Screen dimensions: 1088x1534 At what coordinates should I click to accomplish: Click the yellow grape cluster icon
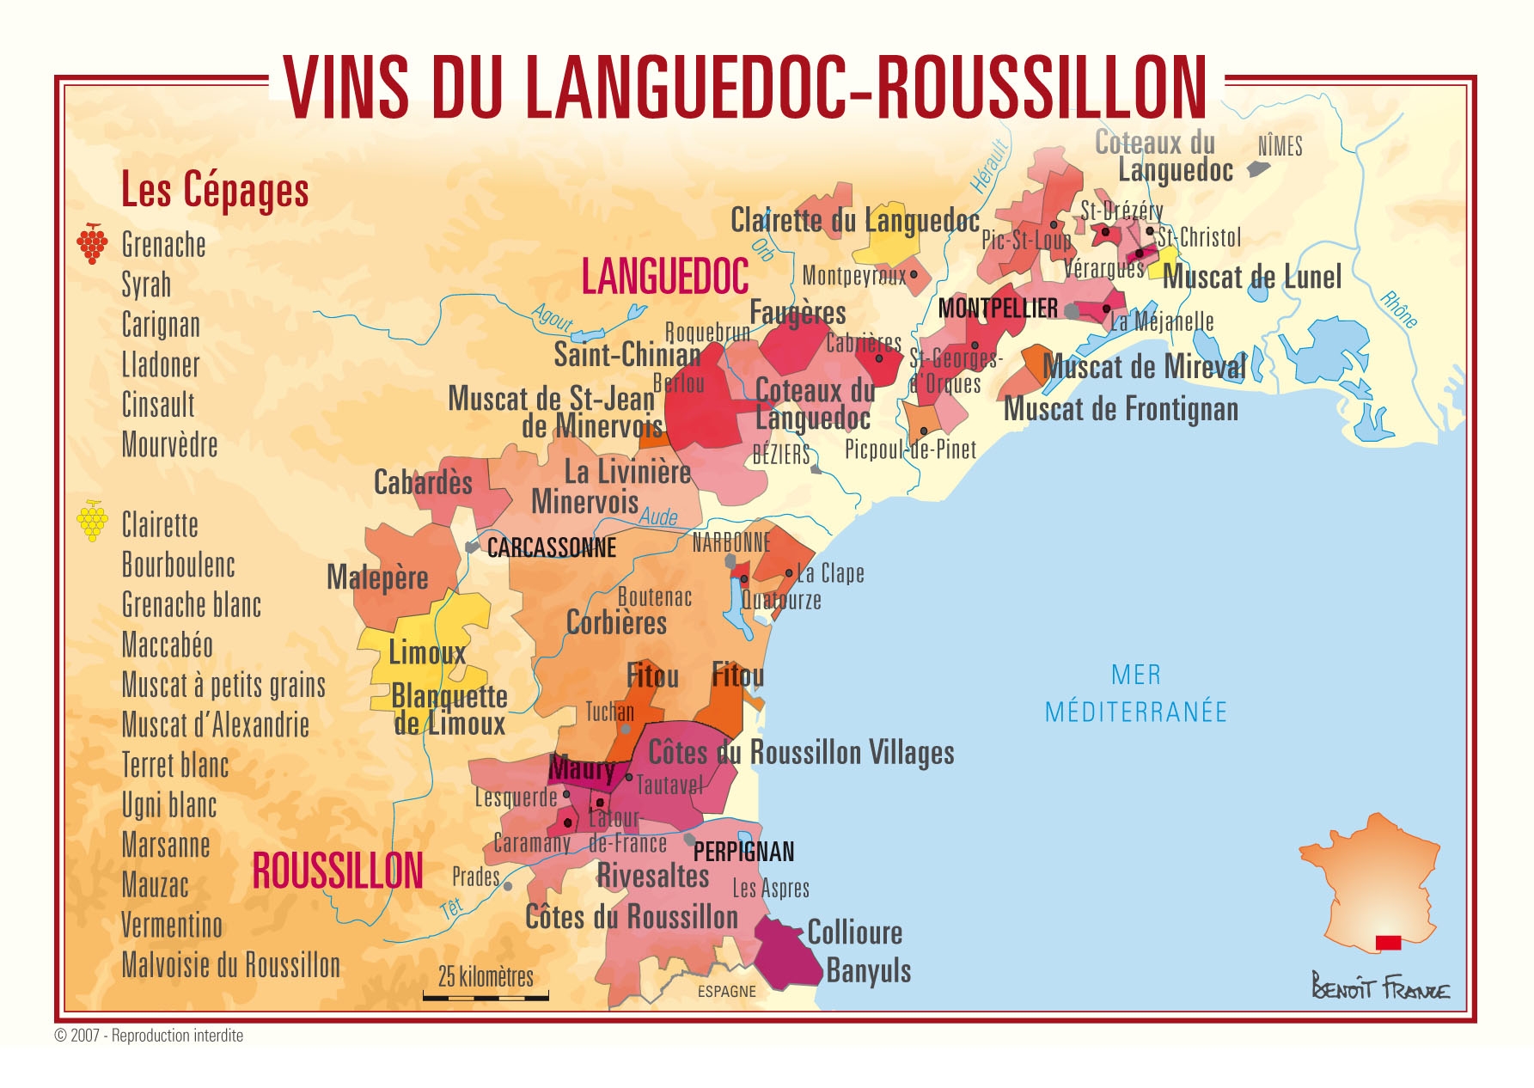pyautogui.click(x=92, y=520)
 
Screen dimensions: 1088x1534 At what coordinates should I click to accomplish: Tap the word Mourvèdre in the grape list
pyautogui.click(x=169, y=445)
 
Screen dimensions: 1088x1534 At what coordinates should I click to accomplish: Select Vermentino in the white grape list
pyautogui.click(x=172, y=926)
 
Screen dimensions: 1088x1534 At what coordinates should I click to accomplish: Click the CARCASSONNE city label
pyautogui.click(x=551, y=548)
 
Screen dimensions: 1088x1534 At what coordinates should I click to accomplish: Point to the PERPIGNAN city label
pyautogui.click(x=743, y=852)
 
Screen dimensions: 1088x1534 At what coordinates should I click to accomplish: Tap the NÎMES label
pyautogui.click(x=1280, y=147)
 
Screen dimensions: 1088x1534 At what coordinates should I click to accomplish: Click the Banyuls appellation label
pyautogui.click(x=868, y=971)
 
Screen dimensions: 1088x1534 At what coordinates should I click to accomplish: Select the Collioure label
pyautogui.click(x=854, y=932)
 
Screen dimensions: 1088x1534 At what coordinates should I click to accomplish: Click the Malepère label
pyautogui.click(x=377, y=578)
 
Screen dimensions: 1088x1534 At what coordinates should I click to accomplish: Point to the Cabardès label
pyautogui.click(x=423, y=483)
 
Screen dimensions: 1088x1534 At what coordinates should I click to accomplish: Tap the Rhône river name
pyautogui.click(x=1398, y=309)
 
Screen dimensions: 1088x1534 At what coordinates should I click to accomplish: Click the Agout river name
pyautogui.click(x=552, y=318)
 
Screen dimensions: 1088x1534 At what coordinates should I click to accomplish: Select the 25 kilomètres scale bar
pyautogui.click(x=486, y=997)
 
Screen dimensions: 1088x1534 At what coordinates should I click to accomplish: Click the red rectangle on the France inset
pyautogui.click(x=1388, y=943)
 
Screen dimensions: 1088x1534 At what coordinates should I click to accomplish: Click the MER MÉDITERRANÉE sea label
pyautogui.click(x=1135, y=694)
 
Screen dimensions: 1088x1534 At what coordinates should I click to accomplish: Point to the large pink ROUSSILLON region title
pyautogui.click(x=338, y=871)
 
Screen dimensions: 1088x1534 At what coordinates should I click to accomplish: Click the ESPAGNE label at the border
pyautogui.click(x=726, y=992)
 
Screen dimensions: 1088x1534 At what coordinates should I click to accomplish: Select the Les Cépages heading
pyautogui.click(x=215, y=190)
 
